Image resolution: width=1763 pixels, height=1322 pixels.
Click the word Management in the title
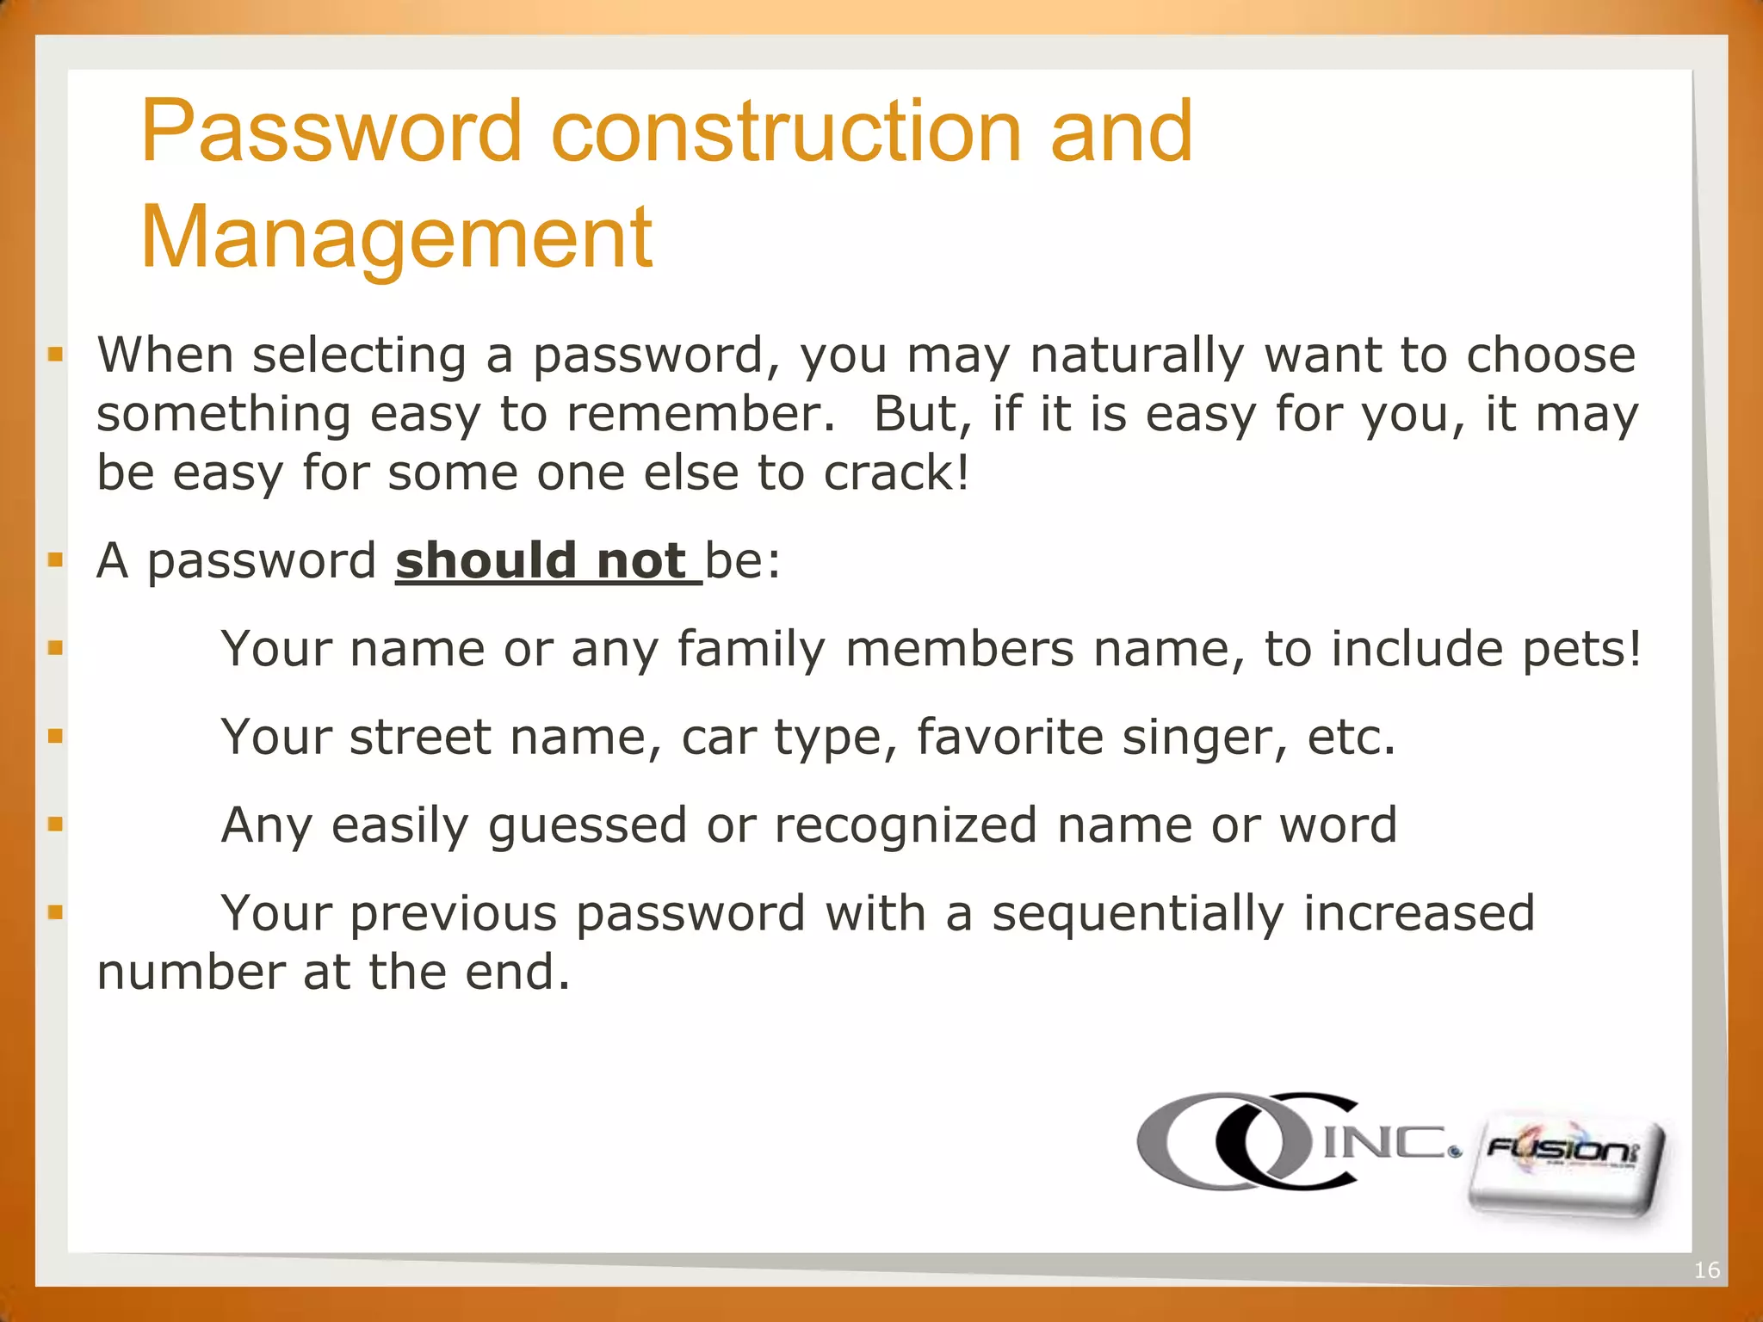point(396,238)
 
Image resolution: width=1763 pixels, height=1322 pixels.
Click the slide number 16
point(1706,1269)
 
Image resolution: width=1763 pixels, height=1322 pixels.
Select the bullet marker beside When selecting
point(56,354)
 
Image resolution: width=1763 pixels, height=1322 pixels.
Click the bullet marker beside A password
point(56,560)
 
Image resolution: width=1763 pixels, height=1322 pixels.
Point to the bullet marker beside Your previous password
point(56,911)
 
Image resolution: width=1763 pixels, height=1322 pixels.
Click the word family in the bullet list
point(751,650)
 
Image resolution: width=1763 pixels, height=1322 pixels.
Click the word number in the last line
point(190,973)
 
